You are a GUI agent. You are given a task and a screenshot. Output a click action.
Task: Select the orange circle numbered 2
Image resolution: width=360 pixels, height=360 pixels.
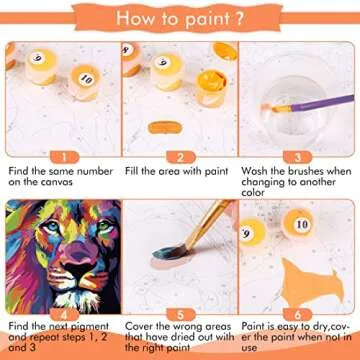pos(179,155)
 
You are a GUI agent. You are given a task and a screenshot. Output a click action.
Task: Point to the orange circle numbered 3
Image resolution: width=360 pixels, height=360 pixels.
pos(297,155)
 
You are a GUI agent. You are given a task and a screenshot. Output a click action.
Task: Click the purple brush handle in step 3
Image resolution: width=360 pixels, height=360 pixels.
pos(320,100)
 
